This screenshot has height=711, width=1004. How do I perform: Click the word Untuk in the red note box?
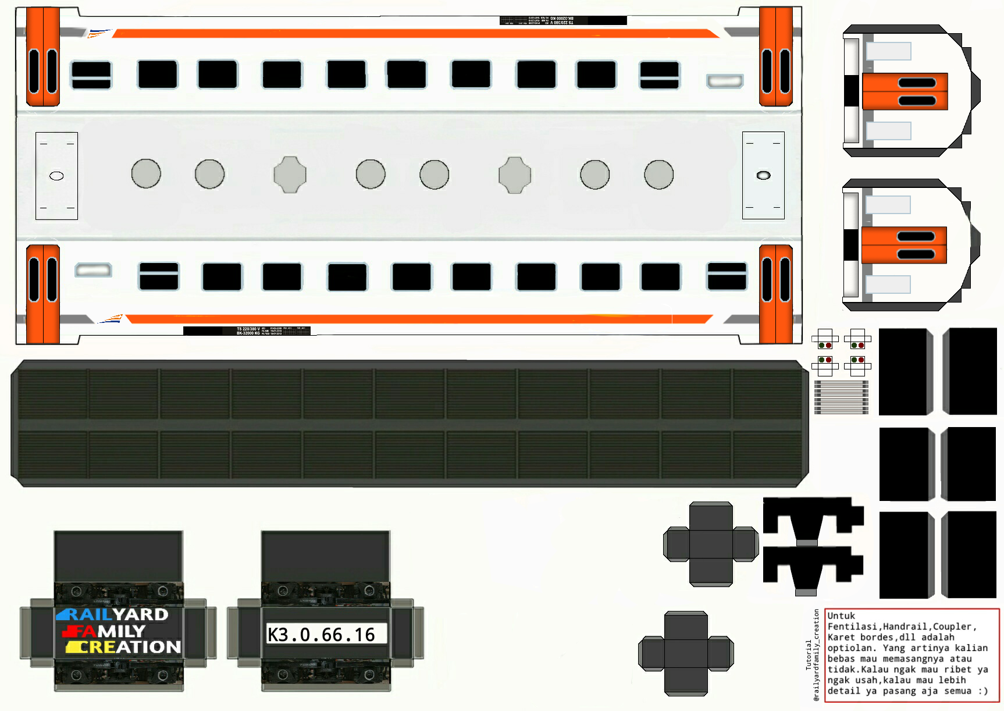(x=841, y=616)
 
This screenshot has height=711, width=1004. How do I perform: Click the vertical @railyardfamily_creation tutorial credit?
(x=816, y=655)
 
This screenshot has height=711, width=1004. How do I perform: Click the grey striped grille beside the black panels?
(x=841, y=397)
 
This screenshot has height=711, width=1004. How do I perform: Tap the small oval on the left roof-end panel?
(x=56, y=176)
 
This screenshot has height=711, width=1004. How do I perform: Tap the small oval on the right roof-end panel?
(x=763, y=175)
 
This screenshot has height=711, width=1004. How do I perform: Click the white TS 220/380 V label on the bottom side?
(x=248, y=329)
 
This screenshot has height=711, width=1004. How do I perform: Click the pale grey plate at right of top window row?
(x=725, y=81)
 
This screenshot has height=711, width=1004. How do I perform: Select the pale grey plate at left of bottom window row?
(x=93, y=270)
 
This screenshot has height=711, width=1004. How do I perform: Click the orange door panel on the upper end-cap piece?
(x=905, y=91)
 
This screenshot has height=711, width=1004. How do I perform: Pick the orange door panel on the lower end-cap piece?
(x=903, y=245)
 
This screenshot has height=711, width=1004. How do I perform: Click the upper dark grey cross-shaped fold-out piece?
(x=711, y=544)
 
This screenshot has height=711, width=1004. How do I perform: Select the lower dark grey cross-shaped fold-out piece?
(x=686, y=653)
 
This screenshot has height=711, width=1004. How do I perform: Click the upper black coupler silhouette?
(x=813, y=519)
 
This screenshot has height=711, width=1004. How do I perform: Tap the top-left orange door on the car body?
(x=43, y=57)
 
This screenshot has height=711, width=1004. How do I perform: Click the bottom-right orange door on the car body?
(x=775, y=294)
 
